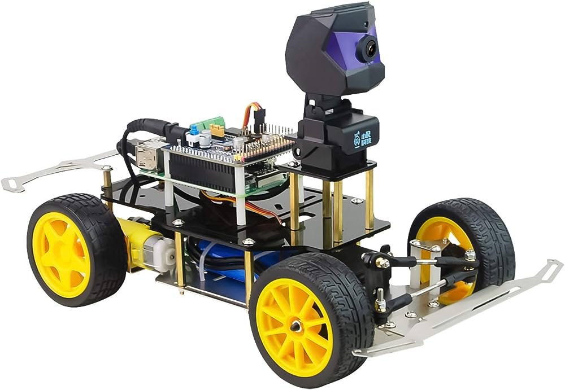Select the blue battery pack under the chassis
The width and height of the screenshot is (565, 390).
[x=226, y=277]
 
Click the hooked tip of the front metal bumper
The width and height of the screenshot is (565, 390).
[x=551, y=265]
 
